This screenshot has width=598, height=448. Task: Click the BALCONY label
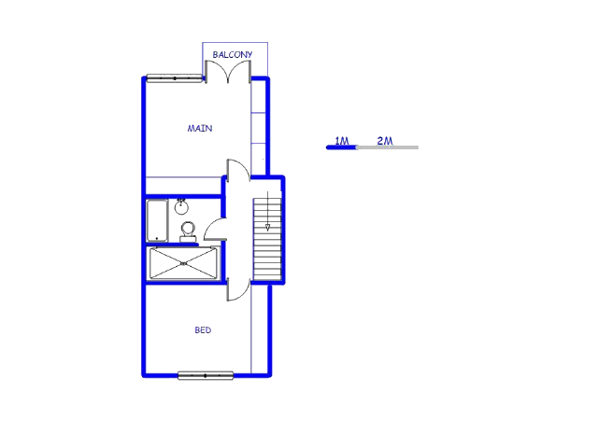click(x=233, y=55)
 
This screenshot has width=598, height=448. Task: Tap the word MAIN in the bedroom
click(x=199, y=129)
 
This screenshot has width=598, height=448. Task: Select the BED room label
click(x=203, y=330)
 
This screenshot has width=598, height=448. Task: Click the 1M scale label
click(x=342, y=141)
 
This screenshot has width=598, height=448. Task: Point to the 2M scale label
click(x=385, y=141)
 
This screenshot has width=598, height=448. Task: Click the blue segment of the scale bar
click(x=342, y=147)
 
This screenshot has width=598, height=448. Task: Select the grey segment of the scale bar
click(x=388, y=147)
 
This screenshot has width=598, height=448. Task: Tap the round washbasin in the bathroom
click(x=181, y=207)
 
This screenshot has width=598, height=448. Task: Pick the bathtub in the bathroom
click(x=157, y=220)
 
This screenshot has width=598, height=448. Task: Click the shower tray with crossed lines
click(x=183, y=263)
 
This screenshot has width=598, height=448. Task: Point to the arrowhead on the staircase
click(x=268, y=228)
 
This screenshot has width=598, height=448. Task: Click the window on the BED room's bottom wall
click(x=206, y=375)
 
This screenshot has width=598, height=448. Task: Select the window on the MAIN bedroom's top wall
click(x=175, y=78)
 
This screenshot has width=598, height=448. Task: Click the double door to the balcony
click(x=228, y=73)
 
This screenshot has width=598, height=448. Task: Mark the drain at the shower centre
click(x=183, y=263)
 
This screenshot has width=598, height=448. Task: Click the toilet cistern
click(x=188, y=239)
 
